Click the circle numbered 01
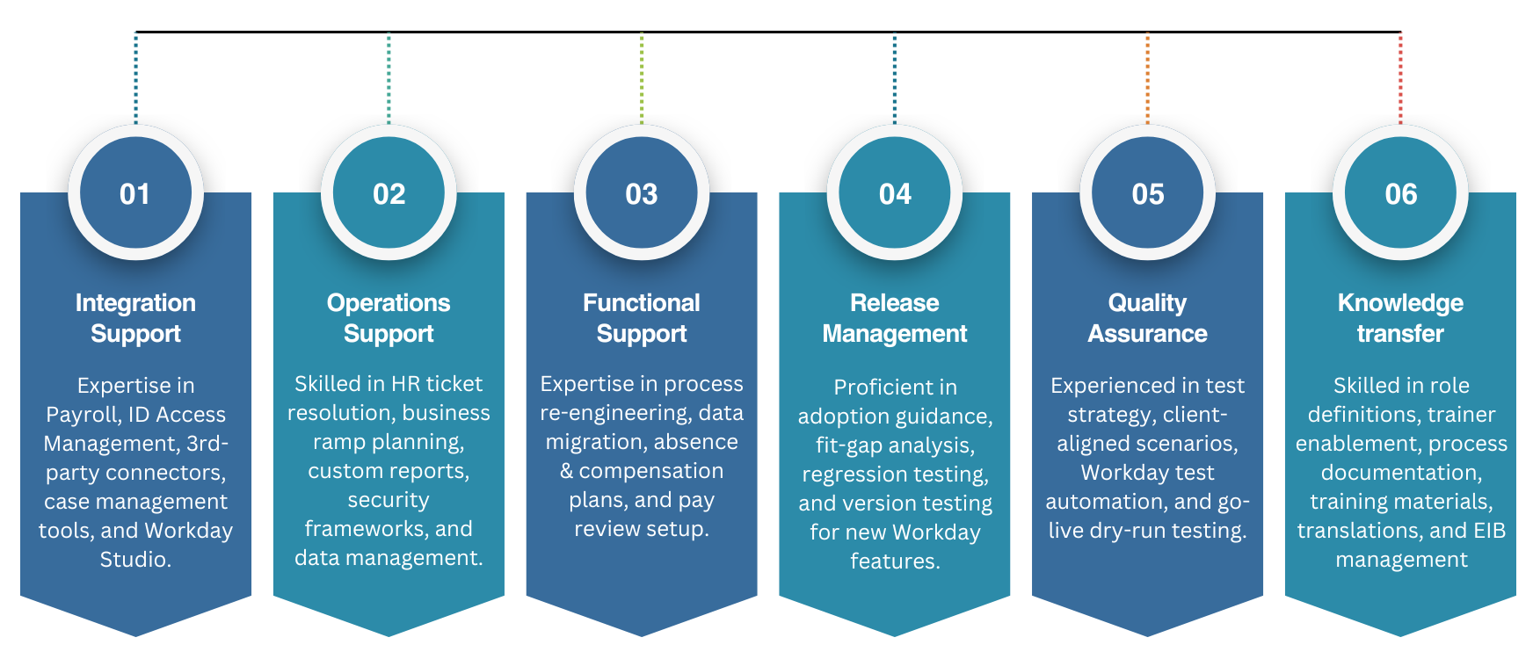click(135, 192)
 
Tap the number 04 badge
click(895, 192)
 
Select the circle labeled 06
click(1400, 192)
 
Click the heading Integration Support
click(135, 318)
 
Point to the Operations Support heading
click(389, 318)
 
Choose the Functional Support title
click(642, 318)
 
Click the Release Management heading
click(895, 318)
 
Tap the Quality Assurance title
click(1147, 318)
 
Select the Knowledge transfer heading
click(1400, 318)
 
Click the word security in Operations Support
click(389, 501)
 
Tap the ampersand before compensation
click(567, 472)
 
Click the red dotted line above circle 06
click(1400, 78)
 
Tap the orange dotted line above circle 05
click(1147, 78)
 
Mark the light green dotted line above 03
click(642, 78)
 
